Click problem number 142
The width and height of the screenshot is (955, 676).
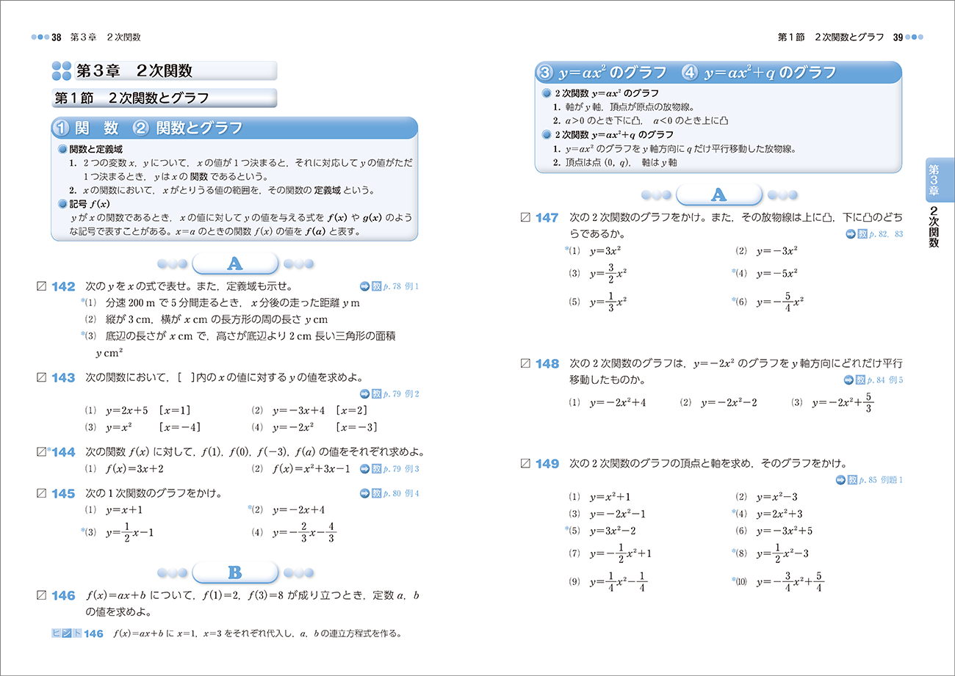[64, 286]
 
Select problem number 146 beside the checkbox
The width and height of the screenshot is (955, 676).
[64, 596]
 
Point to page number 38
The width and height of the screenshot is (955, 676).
[56, 37]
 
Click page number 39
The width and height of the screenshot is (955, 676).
[898, 37]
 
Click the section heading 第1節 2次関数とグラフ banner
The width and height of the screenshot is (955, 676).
[132, 98]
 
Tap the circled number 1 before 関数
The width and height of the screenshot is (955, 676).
[62, 128]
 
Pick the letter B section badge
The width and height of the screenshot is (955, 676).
[234, 572]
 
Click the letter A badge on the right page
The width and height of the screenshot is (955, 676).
[718, 195]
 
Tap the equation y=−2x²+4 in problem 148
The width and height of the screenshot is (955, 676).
[617, 402]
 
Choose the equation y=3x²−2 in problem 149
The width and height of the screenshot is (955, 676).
[612, 531]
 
